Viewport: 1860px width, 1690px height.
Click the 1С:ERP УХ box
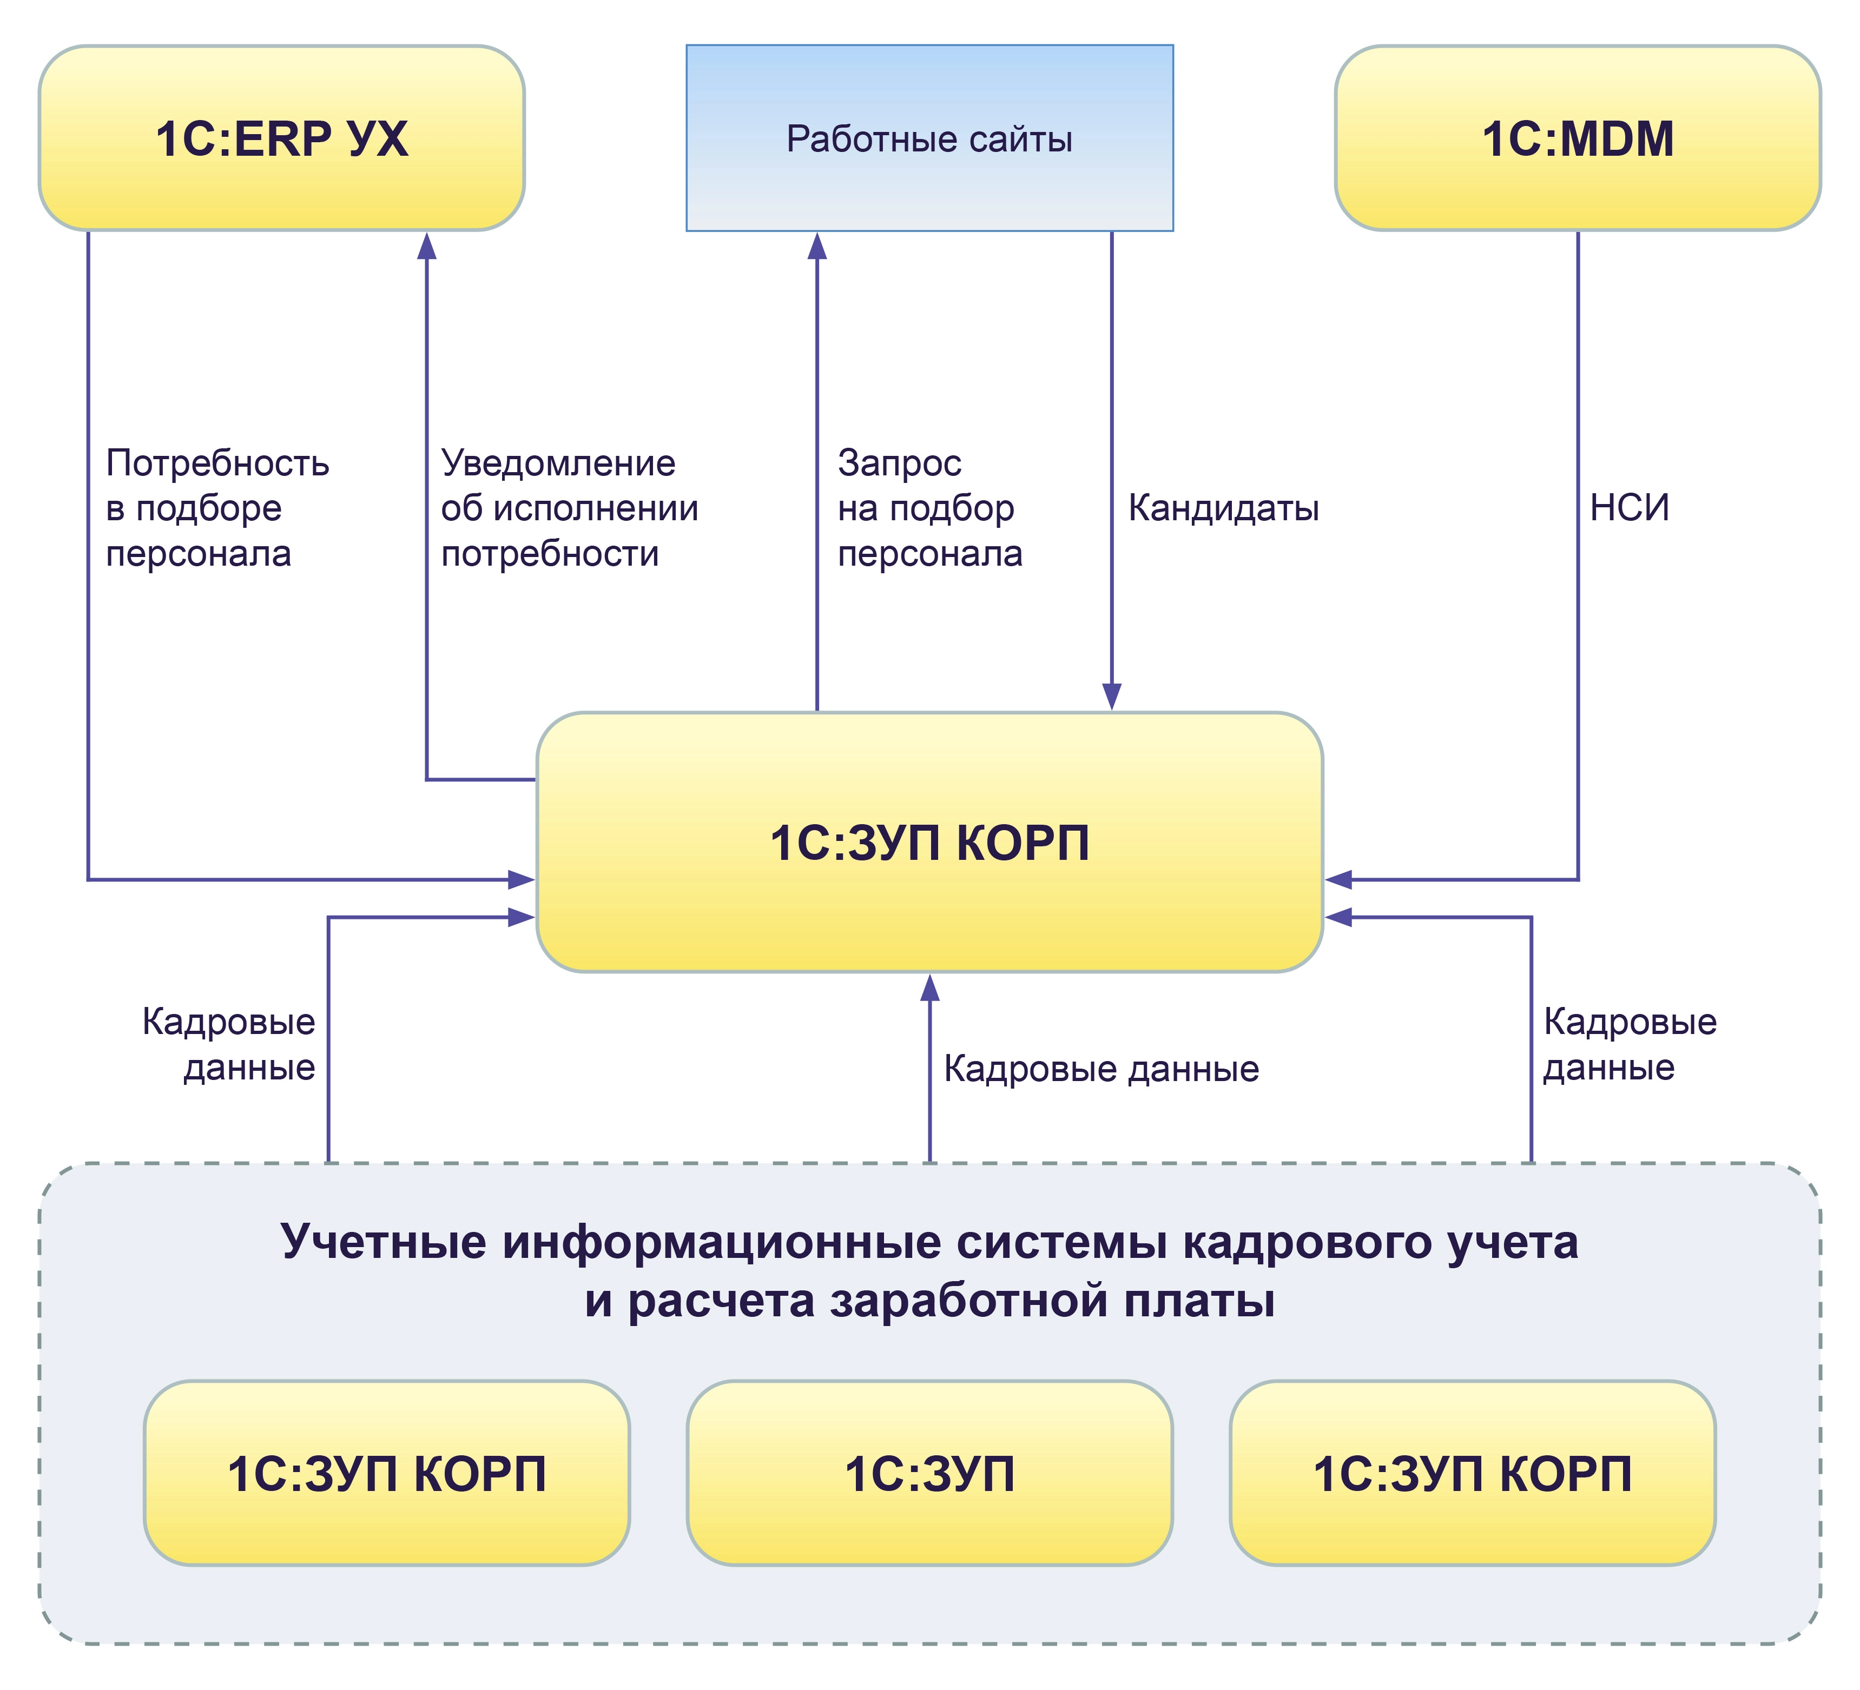click(x=281, y=138)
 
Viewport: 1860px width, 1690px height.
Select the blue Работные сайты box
click(x=929, y=138)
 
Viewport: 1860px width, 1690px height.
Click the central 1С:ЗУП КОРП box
click(x=929, y=842)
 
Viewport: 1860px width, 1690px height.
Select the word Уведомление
click(x=558, y=463)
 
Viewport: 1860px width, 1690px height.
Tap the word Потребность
click(x=217, y=463)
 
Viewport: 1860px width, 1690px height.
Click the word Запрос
click(x=900, y=463)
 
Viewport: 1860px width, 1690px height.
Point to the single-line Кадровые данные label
click(x=1100, y=1069)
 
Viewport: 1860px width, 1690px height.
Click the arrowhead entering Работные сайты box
click(x=816, y=246)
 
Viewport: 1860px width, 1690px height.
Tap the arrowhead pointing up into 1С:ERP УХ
click(x=426, y=246)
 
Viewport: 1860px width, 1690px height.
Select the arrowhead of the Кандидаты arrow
click(x=1112, y=697)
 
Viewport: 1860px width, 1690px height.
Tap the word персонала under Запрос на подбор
click(x=930, y=553)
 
